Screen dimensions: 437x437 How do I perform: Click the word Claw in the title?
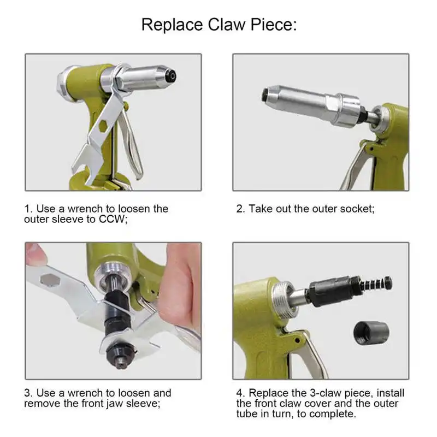point(226,25)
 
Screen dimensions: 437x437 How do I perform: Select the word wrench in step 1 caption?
point(85,209)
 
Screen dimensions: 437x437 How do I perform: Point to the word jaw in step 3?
point(115,404)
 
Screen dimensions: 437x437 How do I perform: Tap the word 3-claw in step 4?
point(324,393)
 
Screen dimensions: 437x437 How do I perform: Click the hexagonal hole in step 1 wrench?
point(103,126)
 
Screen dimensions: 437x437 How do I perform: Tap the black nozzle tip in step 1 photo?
point(171,76)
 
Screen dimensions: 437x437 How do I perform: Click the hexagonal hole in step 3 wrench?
point(50,280)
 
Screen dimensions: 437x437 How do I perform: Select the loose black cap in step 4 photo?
point(372,333)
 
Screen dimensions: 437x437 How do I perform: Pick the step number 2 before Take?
point(240,209)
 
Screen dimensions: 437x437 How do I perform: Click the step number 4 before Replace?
point(240,393)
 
